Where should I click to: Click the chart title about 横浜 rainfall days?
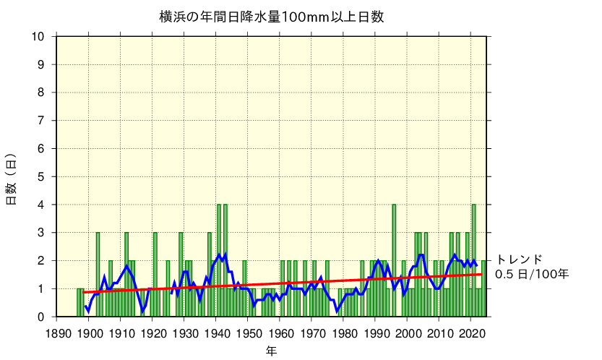[x=272, y=16]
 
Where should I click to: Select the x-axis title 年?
[x=270, y=351]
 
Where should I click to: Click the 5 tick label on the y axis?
[x=41, y=177]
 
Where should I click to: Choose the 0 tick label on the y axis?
[x=41, y=317]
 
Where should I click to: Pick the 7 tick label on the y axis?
[x=41, y=121]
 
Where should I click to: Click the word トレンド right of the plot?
[x=519, y=260]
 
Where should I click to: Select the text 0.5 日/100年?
[x=532, y=275]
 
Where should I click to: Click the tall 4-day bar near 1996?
[x=394, y=260]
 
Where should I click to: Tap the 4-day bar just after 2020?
[x=474, y=260]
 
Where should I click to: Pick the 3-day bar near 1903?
[x=98, y=275]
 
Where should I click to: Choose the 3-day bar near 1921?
[x=155, y=275]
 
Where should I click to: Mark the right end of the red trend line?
[x=481, y=274]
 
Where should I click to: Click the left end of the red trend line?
[x=85, y=292]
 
